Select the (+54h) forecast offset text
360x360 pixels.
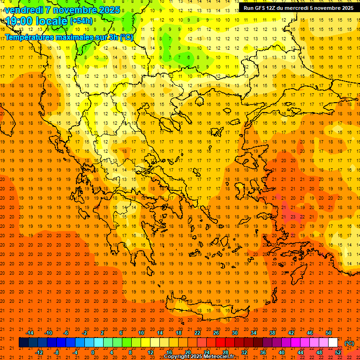coord(81,21)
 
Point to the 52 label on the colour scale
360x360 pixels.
coord(338,352)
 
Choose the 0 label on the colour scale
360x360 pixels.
coord(93,352)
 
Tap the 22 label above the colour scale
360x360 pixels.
coord(197,333)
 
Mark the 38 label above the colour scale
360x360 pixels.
coord(272,333)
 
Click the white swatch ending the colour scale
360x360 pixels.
coord(333,342)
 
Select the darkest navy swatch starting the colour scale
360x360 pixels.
coord(23,342)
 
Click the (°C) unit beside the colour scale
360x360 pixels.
coord(349,343)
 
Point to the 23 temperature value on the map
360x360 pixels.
coord(292,217)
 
